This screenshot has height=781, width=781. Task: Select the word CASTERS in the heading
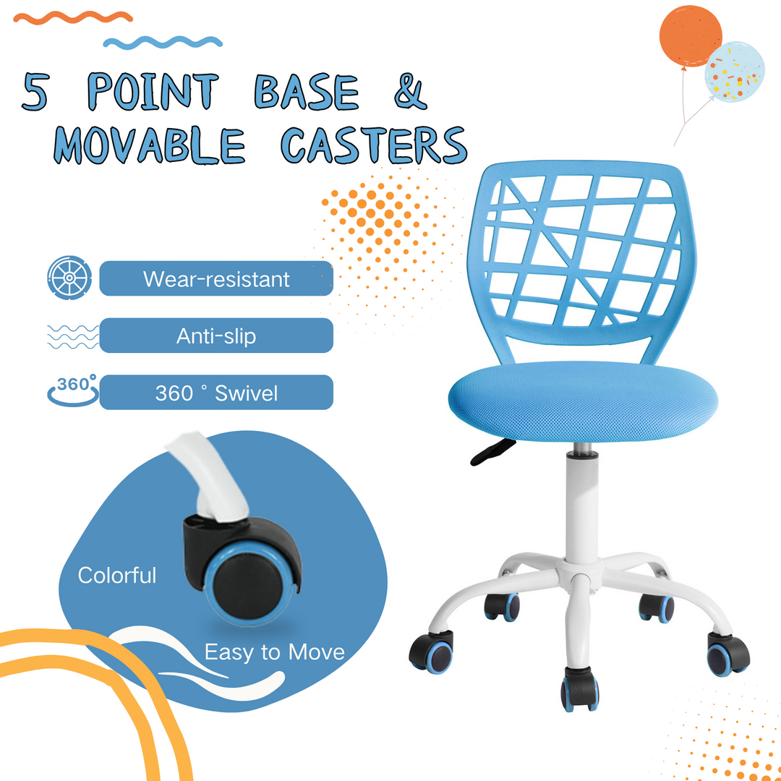pos(373,145)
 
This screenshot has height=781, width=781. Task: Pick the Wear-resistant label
pos(215,278)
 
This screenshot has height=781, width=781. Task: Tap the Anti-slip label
pos(215,336)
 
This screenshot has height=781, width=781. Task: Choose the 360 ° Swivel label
pos(215,393)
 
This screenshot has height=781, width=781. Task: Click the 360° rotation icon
pos(72,391)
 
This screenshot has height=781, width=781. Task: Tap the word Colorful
pos(117,576)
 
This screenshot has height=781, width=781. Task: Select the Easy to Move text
pos(274,652)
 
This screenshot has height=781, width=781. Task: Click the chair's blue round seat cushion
pos(582,398)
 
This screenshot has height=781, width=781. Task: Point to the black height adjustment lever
pos(492,451)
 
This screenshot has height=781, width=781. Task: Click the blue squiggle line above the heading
pos(163,42)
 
